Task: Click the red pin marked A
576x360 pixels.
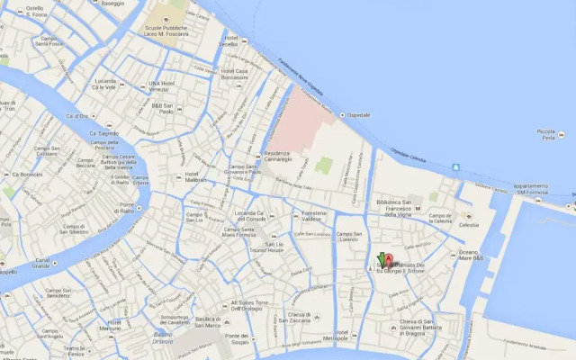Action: (389, 262)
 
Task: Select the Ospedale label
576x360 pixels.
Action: (359, 115)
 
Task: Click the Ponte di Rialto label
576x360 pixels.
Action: (127, 209)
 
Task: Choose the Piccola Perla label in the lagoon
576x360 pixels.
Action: (545, 134)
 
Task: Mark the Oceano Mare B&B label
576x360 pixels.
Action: (472, 255)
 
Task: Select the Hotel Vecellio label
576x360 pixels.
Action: (229, 42)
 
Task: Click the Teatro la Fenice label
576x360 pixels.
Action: (73, 351)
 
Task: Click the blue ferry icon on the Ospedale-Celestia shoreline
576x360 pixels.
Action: (455, 166)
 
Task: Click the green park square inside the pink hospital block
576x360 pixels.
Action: (324, 166)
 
